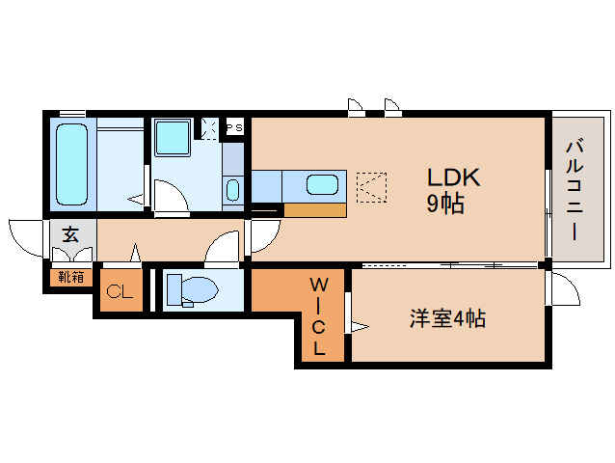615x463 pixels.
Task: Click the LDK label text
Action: click(454, 177)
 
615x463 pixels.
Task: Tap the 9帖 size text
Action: click(446, 204)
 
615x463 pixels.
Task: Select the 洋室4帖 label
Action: click(446, 319)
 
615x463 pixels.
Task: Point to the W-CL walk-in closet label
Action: click(318, 315)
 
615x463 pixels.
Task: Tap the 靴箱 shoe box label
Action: click(70, 278)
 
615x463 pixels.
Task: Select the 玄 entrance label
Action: click(70, 234)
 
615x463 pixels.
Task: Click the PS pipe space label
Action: click(233, 127)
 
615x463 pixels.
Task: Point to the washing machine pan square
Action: click(174, 137)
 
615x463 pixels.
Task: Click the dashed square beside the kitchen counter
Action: click(370, 185)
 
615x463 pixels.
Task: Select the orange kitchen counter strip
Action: click(315, 209)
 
